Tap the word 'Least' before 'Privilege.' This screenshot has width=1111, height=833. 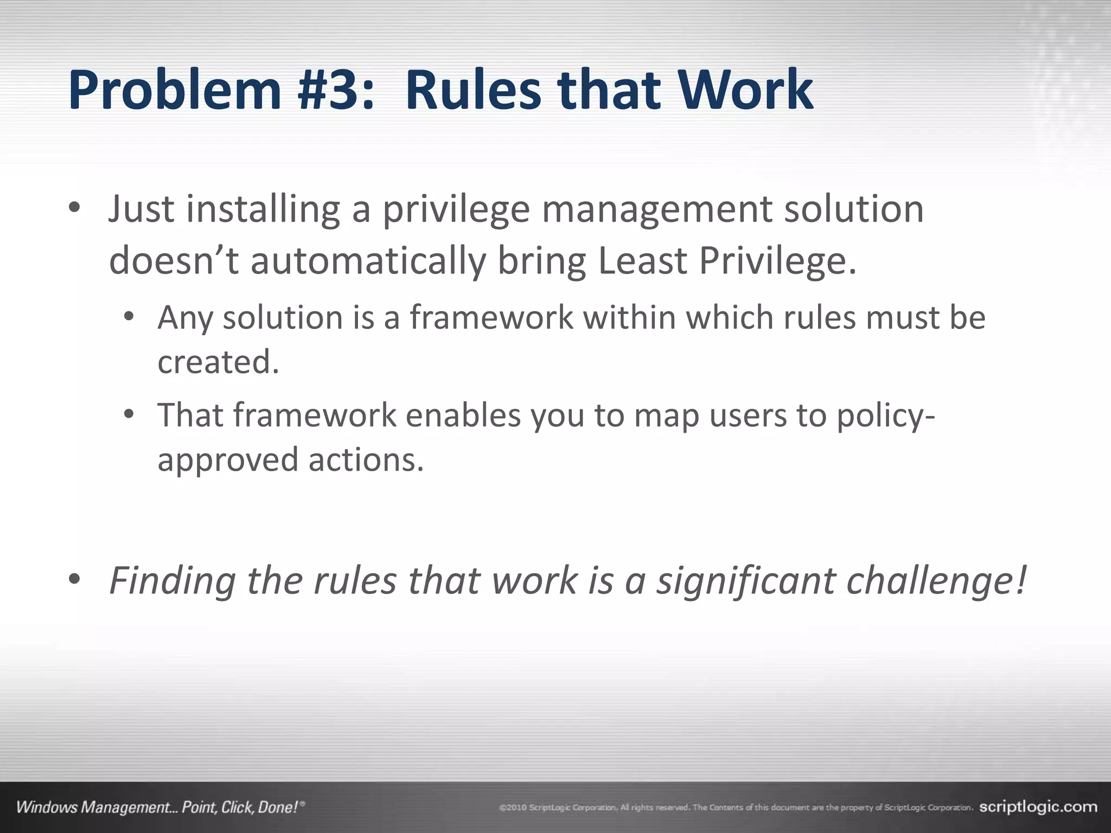[642, 261]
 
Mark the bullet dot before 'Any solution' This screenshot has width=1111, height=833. [129, 316]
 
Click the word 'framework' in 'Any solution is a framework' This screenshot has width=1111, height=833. [491, 317]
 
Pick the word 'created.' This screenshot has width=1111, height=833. [218, 362]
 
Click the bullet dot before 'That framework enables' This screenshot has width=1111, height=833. [129, 415]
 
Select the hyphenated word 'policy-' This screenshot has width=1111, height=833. [885, 416]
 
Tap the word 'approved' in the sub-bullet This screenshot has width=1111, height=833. [228, 460]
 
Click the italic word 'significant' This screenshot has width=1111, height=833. [746, 581]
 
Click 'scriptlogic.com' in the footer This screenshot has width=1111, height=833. [1038, 807]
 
